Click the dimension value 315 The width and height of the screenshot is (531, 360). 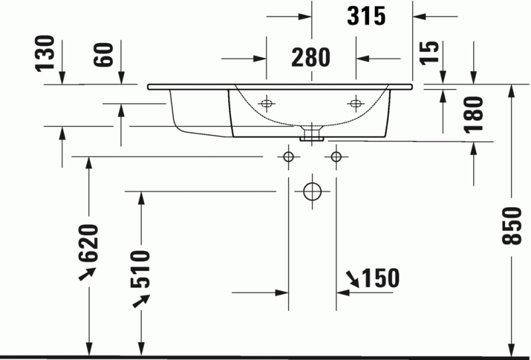tap(366, 17)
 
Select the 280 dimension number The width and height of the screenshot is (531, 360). tap(311, 58)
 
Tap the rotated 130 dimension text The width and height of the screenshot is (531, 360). tap(44, 53)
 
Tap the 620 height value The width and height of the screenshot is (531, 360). tap(90, 243)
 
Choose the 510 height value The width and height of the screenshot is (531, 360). tap(142, 270)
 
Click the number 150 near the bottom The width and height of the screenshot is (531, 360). tap(380, 278)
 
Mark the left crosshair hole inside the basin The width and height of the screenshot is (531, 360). tap(267, 103)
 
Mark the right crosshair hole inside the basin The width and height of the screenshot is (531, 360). tap(356, 103)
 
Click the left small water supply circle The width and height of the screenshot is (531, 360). tap(288, 157)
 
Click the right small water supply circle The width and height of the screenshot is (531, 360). tap(337, 157)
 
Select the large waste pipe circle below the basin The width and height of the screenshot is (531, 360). tap(312, 191)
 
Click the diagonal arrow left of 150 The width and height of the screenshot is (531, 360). tap(352, 280)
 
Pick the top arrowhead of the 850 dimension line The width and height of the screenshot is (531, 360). tap(512, 90)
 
